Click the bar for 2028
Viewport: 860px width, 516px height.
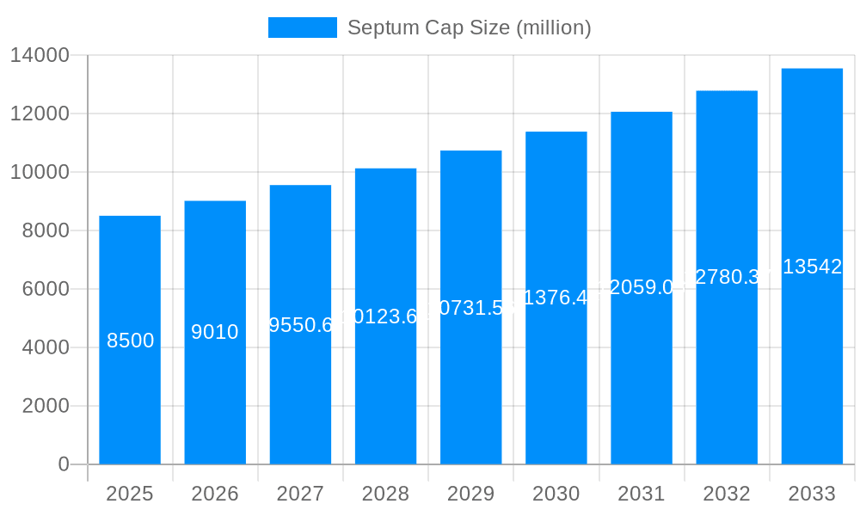coord(385,387)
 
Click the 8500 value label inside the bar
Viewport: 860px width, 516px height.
coord(131,341)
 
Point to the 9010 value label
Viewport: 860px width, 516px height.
coord(215,332)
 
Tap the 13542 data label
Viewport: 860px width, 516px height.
coord(812,267)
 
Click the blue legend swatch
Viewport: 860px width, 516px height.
coord(302,28)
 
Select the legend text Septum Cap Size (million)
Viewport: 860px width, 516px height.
coord(469,28)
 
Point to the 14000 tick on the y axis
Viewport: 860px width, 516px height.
coord(40,55)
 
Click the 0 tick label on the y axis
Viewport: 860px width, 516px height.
coord(63,464)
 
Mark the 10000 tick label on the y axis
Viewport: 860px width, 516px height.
coord(40,172)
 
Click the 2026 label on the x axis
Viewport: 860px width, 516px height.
coord(215,494)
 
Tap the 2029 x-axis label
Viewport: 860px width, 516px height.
coord(470,494)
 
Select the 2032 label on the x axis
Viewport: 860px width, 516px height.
coord(727,494)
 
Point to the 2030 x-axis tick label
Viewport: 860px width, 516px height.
coord(556,494)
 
